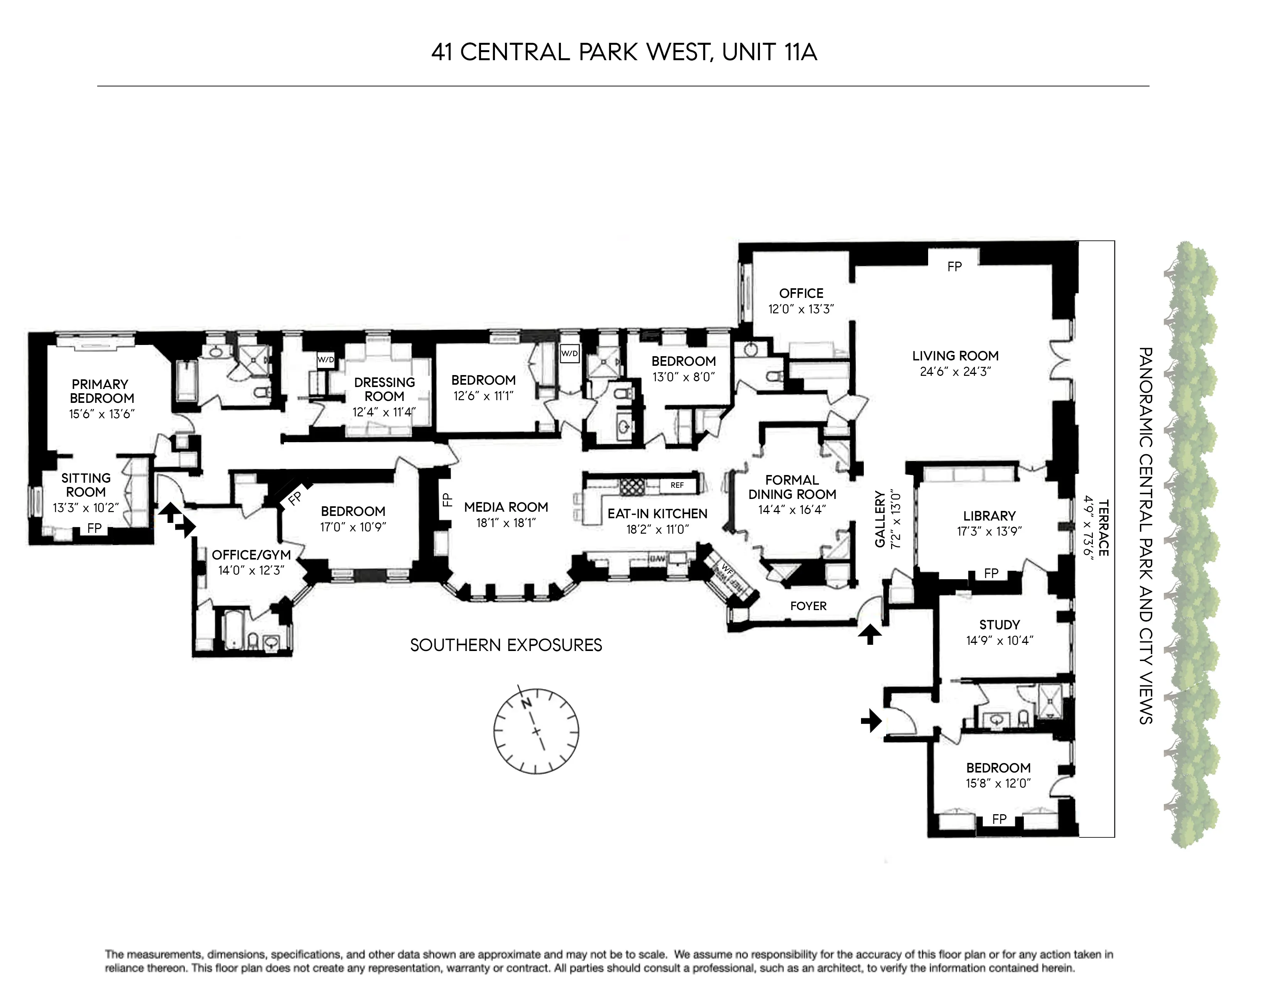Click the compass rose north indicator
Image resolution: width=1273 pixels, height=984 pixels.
[526, 703]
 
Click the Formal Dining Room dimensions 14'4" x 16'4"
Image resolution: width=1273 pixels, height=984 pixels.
[792, 509]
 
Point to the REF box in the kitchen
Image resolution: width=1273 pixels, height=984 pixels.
[677, 485]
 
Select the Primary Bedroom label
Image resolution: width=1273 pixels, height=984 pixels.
[101, 391]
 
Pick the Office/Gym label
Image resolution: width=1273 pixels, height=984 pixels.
[251, 555]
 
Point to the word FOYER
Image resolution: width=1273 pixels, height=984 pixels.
[808, 606]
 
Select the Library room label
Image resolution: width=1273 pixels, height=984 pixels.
[989, 516]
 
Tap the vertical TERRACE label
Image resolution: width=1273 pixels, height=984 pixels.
[1103, 527]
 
